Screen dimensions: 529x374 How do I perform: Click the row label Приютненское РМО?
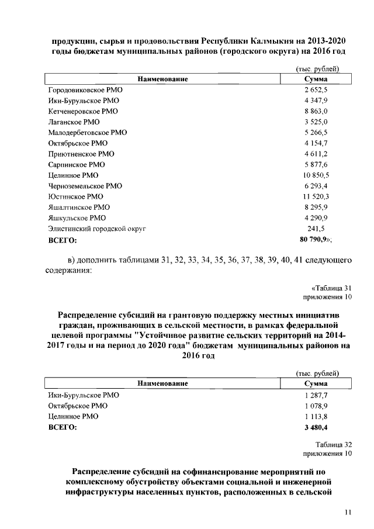tap(81, 154)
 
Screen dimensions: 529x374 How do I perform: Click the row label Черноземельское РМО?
tap(85, 186)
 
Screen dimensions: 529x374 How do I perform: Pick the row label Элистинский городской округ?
tap(96, 229)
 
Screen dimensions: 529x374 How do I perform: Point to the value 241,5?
tap(316, 229)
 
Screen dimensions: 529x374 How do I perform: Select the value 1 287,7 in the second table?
tap(316, 395)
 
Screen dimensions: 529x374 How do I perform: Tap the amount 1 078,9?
tap(316, 406)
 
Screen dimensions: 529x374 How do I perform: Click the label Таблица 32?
tap(333, 444)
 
